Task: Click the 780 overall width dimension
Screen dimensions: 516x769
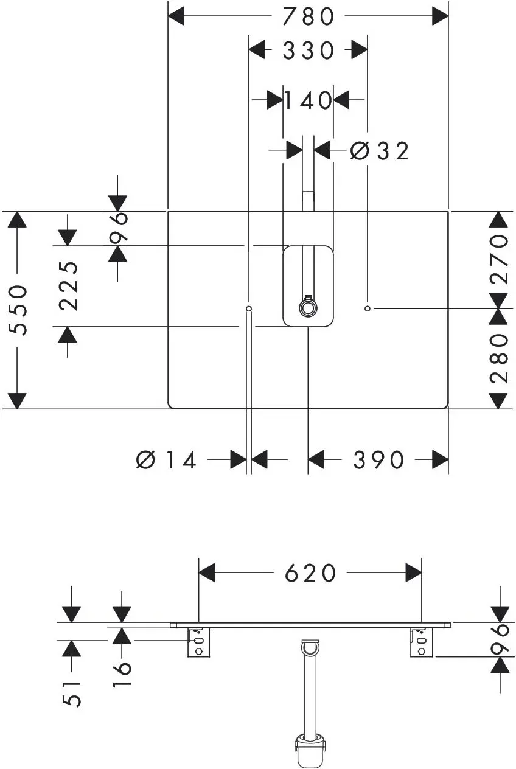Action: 308,16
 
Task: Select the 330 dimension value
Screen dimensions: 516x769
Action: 308,50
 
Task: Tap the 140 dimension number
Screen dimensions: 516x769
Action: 308,100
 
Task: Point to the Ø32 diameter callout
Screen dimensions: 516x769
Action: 379,151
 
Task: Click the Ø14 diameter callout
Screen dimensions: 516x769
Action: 166,460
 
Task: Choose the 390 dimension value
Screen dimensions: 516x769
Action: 378,460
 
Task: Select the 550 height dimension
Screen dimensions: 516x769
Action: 18,310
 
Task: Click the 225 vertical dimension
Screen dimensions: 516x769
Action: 68,286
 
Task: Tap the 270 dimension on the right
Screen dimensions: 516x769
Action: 499,259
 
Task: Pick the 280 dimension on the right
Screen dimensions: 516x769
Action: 499,359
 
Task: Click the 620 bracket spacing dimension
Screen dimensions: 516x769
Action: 310,572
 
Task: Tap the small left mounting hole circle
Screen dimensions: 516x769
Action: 249,308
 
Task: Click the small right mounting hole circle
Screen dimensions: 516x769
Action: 368,308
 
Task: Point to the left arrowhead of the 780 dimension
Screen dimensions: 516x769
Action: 176,16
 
